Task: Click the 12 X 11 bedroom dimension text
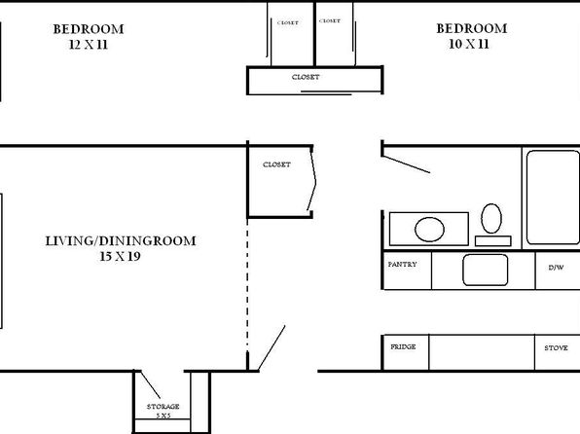pos(88,45)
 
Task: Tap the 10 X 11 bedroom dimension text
pos(469,44)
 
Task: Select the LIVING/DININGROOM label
pos(121,241)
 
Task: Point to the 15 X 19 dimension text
pos(120,256)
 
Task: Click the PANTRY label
pos(402,264)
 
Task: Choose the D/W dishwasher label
pos(556,268)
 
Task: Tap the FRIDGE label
pos(403,346)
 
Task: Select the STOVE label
pos(556,347)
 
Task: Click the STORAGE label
pos(163,406)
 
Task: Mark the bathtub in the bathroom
pos(553,198)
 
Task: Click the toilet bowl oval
pos(491,218)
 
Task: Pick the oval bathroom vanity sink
pos(429,230)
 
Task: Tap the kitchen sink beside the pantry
pos(485,270)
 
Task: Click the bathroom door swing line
pos(406,164)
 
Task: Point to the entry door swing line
pos(272,347)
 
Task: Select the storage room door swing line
pos(151,384)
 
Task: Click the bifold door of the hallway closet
pos(311,180)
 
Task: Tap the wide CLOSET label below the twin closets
pos(306,77)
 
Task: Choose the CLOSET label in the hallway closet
pos(276,164)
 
